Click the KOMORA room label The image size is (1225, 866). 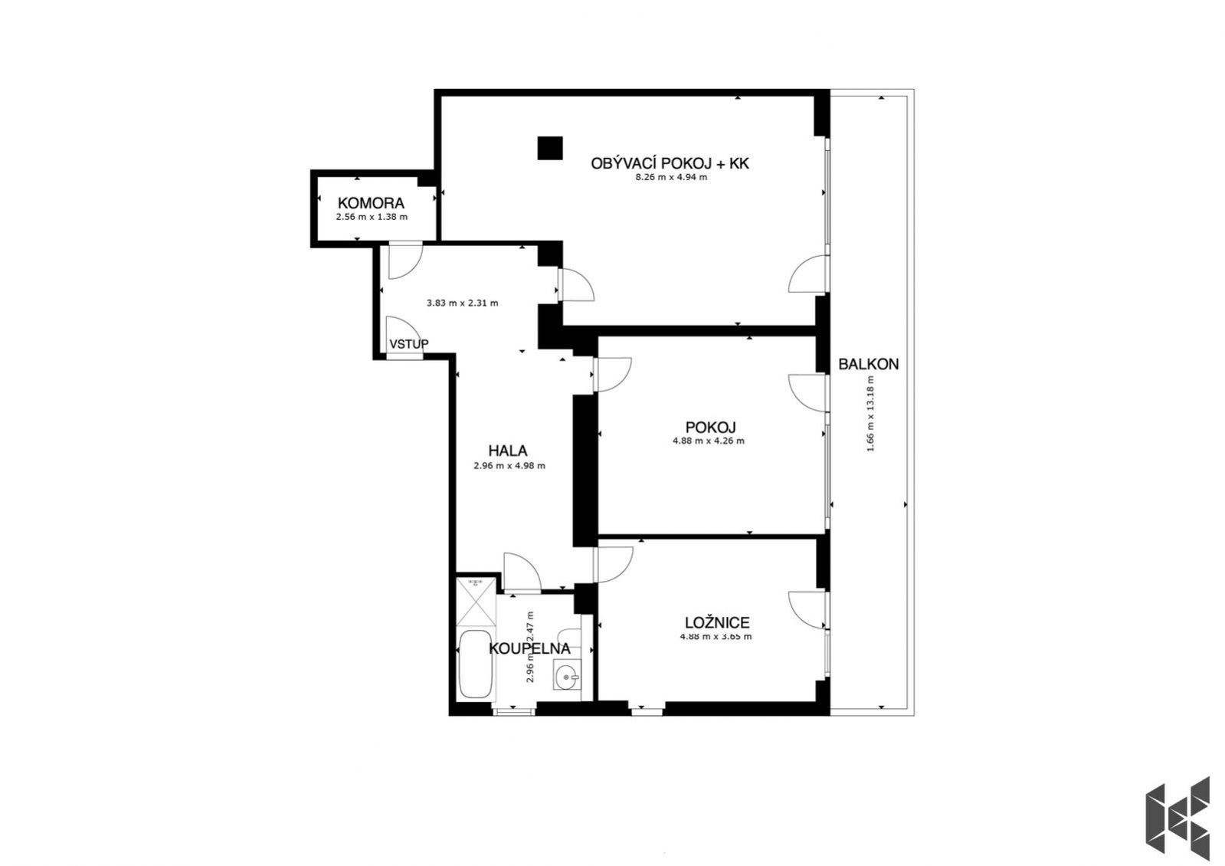(x=371, y=203)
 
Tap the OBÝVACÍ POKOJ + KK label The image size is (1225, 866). (x=670, y=163)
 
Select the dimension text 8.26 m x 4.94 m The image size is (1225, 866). (x=671, y=177)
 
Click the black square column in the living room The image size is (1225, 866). (x=549, y=148)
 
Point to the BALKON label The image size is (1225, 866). (x=869, y=364)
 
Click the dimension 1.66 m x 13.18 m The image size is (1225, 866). (x=870, y=414)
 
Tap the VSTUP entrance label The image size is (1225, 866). (x=408, y=344)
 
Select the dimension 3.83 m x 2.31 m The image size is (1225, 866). (x=462, y=303)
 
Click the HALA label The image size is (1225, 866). (x=507, y=451)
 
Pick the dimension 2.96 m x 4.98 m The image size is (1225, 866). (x=509, y=466)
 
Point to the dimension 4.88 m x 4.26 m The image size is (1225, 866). (x=708, y=441)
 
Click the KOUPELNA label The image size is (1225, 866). (x=529, y=649)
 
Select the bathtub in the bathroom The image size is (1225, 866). (x=475, y=664)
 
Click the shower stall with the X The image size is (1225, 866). (x=476, y=602)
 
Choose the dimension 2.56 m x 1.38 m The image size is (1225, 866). (x=372, y=217)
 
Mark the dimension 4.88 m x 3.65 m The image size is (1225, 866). (x=716, y=636)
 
